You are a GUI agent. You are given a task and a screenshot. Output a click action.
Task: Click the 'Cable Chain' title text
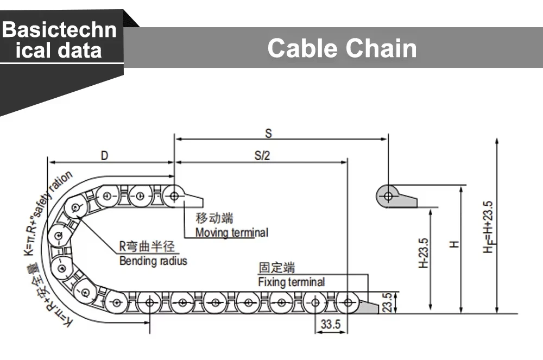coord(342,48)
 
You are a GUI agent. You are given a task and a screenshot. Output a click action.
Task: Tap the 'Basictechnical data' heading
coord(59,40)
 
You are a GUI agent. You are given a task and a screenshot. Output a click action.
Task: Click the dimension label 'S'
coord(268,133)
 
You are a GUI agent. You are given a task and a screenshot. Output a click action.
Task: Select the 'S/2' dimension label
coord(262,155)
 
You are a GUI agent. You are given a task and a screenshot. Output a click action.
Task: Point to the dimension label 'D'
coord(104,156)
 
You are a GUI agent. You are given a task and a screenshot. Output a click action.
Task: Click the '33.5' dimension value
coord(330,324)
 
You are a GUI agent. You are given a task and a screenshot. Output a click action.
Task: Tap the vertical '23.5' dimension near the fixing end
coord(388,302)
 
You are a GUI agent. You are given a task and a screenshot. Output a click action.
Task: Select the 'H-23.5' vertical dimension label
coord(423,253)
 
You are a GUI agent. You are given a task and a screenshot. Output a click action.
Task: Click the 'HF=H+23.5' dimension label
coord(488,227)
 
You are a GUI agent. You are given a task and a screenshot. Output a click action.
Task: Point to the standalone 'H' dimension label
coord(454,244)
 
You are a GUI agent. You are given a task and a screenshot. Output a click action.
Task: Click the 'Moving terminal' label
coord(232,232)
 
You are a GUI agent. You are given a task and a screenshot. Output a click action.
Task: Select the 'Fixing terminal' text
coord(292,282)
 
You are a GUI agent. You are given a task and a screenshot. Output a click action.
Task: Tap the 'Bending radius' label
coord(153,260)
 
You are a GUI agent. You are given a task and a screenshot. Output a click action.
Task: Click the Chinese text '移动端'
coord(214,218)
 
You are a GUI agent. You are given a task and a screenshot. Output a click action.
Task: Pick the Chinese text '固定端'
coord(277,268)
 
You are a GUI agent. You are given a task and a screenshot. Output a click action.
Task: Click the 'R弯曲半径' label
coord(147,246)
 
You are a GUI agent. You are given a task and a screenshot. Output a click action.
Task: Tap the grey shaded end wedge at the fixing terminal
coord(369,307)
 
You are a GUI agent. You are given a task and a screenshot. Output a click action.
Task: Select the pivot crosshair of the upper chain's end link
coord(174,196)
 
